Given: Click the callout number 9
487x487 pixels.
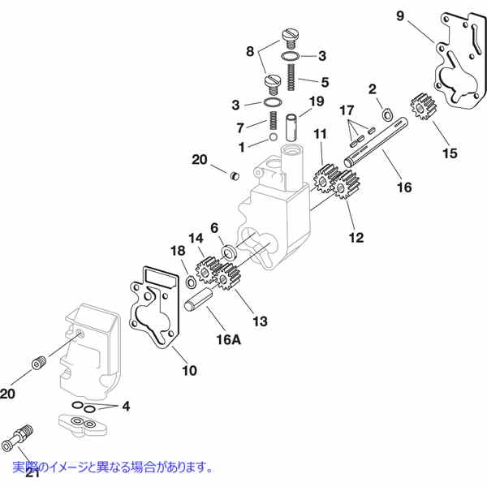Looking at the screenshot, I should [x=400, y=15].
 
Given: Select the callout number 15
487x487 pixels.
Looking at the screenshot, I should [x=450, y=152].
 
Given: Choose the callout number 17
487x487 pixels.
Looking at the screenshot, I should [x=347, y=110].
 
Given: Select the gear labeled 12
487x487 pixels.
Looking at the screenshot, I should [x=347, y=192].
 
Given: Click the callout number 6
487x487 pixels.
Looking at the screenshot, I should [x=215, y=228].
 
